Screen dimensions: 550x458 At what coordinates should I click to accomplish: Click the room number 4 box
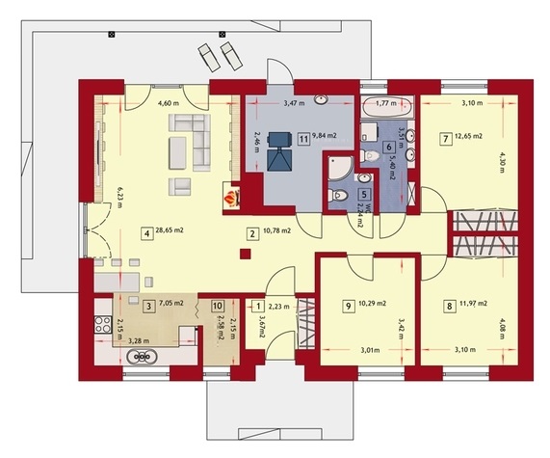(x=147, y=233)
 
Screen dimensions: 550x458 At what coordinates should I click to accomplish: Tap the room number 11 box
(x=303, y=139)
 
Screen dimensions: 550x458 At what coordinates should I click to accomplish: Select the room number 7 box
(x=446, y=139)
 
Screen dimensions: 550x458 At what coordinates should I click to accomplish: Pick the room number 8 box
(x=450, y=307)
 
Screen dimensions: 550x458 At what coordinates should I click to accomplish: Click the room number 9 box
(x=349, y=306)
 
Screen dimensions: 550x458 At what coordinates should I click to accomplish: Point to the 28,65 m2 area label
(x=170, y=230)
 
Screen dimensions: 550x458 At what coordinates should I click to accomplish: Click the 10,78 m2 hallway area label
(x=276, y=230)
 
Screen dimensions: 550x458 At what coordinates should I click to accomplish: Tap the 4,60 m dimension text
(x=169, y=103)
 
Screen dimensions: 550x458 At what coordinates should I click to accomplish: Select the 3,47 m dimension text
(x=294, y=103)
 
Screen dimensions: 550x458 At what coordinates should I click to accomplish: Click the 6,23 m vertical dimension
(x=120, y=197)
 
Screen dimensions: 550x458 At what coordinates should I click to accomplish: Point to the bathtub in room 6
(x=387, y=106)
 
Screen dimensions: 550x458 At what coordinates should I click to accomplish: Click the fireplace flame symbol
(x=232, y=198)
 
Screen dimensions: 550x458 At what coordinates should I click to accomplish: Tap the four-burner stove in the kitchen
(x=103, y=324)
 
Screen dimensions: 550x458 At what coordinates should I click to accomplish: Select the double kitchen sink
(x=142, y=358)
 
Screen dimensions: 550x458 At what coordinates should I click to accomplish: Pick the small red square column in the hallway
(x=246, y=254)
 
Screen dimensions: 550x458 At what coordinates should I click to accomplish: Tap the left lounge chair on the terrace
(x=209, y=58)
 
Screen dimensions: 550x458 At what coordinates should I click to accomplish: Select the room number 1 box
(x=258, y=307)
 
